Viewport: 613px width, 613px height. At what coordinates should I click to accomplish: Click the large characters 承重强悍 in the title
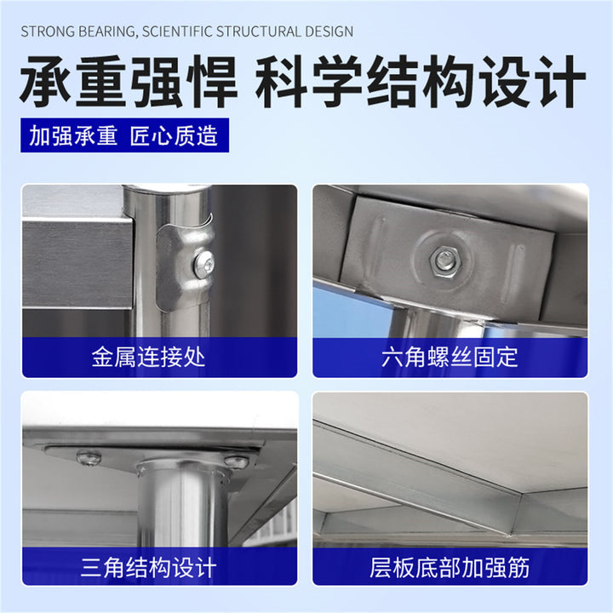click(129, 82)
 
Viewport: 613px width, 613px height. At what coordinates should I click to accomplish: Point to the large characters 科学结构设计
click(421, 82)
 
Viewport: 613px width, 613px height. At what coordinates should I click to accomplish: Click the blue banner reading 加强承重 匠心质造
click(124, 135)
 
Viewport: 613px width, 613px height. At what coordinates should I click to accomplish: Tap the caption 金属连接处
click(148, 357)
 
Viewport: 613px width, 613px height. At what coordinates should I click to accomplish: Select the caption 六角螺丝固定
click(450, 357)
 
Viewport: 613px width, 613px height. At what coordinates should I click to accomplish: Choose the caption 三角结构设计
click(148, 568)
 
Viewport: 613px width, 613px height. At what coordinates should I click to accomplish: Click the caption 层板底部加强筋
click(450, 568)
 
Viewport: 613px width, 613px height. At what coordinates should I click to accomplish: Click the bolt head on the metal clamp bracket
click(204, 265)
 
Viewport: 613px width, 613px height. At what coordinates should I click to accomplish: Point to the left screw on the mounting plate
click(89, 457)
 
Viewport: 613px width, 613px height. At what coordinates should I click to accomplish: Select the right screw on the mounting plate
click(236, 461)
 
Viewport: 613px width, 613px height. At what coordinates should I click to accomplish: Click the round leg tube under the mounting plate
click(182, 504)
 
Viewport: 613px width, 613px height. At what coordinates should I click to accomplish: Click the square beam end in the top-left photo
click(77, 263)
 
